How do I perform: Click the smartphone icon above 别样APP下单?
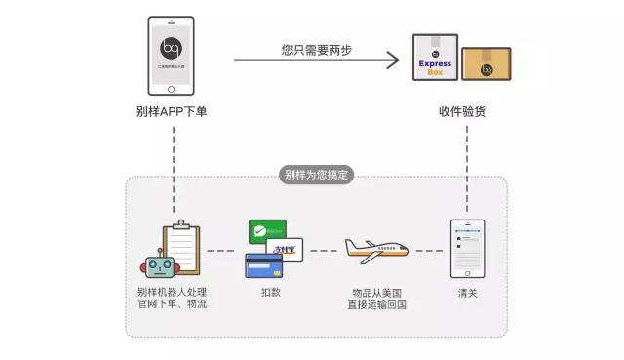(x=172, y=57)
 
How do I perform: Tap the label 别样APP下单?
(x=172, y=112)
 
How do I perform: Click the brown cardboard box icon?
(x=486, y=63)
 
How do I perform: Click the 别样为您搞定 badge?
(x=317, y=176)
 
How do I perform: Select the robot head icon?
(x=159, y=265)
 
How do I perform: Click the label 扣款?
(x=272, y=293)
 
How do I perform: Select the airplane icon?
(x=375, y=251)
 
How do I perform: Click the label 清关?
(x=467, y=293)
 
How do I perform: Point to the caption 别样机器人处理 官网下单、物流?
(x=173, y=299)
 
